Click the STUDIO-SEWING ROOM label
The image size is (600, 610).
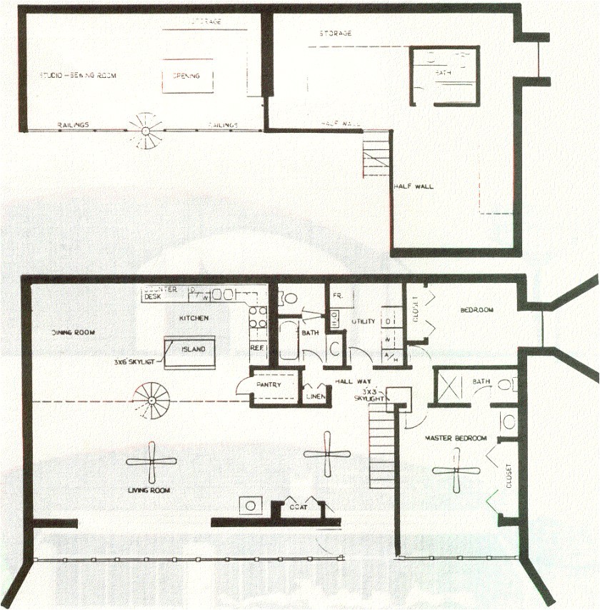tap(78, 75)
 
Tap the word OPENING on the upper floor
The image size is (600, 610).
tap(187, 76)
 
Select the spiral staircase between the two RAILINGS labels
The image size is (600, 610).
tap(146, 131)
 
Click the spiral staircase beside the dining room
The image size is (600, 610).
tap(152, 399)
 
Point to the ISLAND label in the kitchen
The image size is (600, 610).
tap(193, 349)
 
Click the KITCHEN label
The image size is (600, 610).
tap(194, 317)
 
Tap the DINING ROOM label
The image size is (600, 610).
tap(73, 332)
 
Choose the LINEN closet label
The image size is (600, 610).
tap(314, 396)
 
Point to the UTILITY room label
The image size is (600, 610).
tap(363, 321)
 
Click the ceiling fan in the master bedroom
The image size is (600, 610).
tap(456, 471)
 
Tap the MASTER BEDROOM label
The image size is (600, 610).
tap(456, 438)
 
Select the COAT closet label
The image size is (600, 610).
tap(299, 507)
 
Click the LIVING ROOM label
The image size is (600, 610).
tap(149, 490)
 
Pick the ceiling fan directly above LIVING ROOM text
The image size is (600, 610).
tap(151, 462)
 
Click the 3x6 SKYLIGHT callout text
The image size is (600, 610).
tap(136, 362)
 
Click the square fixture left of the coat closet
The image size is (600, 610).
tap(250, 506)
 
